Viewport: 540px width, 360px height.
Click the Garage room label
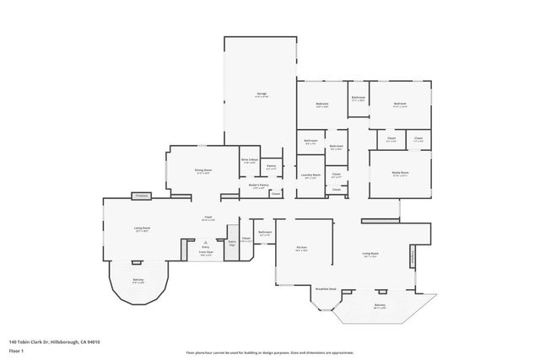(262, 94)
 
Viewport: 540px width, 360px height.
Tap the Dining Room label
(202, 170)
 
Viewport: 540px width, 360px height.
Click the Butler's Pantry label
(259, 185)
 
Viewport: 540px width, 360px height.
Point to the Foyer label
(208, 218)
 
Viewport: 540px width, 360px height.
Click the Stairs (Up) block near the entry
(232, 244)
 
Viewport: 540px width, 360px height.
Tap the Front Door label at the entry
(205, 252)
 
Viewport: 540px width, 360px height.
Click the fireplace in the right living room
(413, 254)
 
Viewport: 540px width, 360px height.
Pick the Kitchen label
(301, 249)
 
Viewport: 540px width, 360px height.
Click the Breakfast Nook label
(326, 287)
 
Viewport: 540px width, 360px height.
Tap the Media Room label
(400, 175)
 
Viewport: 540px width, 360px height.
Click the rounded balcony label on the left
(138, 282)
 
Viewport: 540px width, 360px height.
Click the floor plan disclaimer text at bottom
(269, 352)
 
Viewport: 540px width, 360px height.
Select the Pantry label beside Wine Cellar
(272, 167)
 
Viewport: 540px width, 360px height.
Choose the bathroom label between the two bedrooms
(359, 99)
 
